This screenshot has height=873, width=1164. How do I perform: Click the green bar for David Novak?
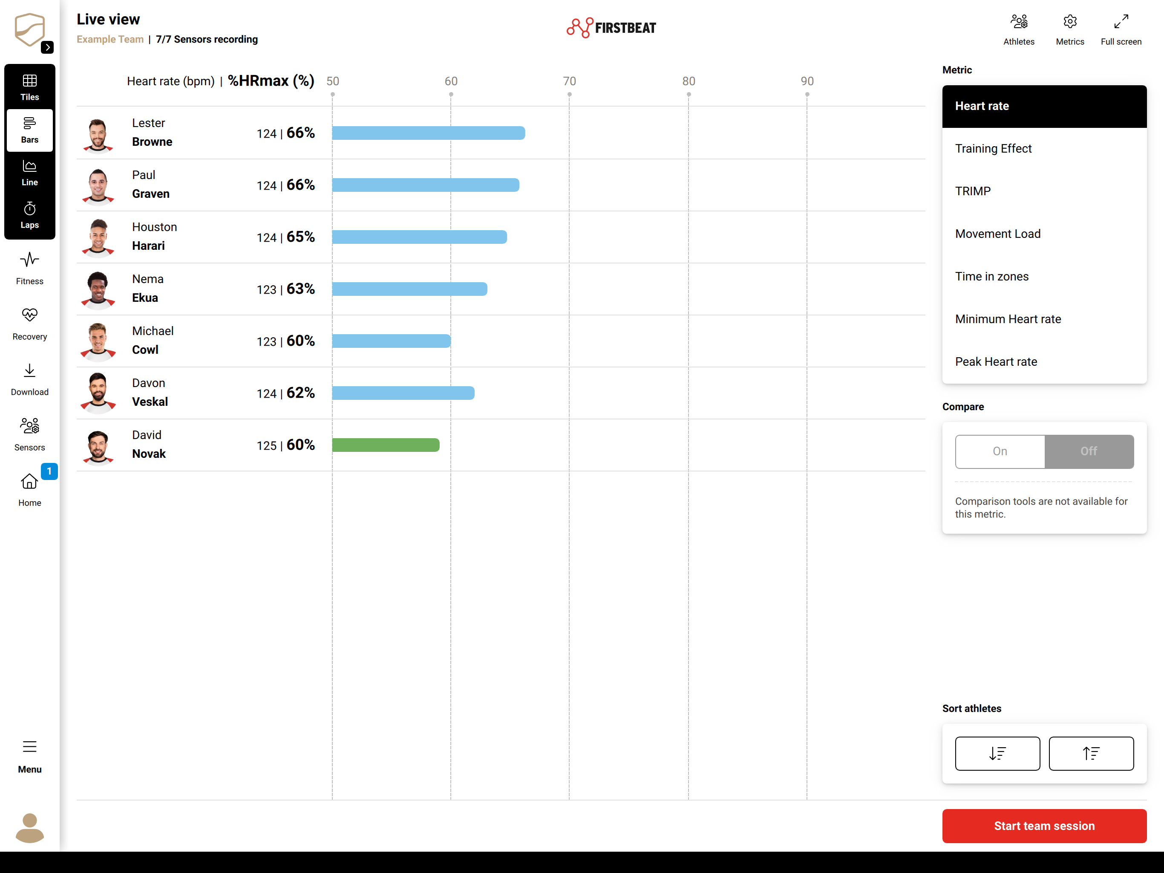point(386,445)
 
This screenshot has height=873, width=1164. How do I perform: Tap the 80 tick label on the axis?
point(688,81)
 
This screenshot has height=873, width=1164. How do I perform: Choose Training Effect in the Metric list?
point(993,148)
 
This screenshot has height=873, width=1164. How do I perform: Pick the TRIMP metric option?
point(972,191)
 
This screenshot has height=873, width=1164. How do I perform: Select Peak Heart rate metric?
point(996,362)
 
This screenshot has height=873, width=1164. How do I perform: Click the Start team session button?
point(1044,826)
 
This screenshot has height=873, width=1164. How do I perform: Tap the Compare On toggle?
point(1000,451)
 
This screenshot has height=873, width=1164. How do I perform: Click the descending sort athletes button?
point(997,754)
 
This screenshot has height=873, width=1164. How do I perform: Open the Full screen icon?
point(1121,22)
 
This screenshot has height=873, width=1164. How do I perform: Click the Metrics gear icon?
point(1070,22)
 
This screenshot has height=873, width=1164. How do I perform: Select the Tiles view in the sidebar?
point(29,87)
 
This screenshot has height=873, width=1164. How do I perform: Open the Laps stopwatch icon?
point(29,209)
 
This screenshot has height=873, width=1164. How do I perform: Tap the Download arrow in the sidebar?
point(29,370)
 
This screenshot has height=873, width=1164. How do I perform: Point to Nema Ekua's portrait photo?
point(98,289)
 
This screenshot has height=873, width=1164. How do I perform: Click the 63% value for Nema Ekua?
point(300,289)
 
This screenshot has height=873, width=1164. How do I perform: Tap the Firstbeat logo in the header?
point(611,27)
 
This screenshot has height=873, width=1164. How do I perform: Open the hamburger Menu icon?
point(29,747)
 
